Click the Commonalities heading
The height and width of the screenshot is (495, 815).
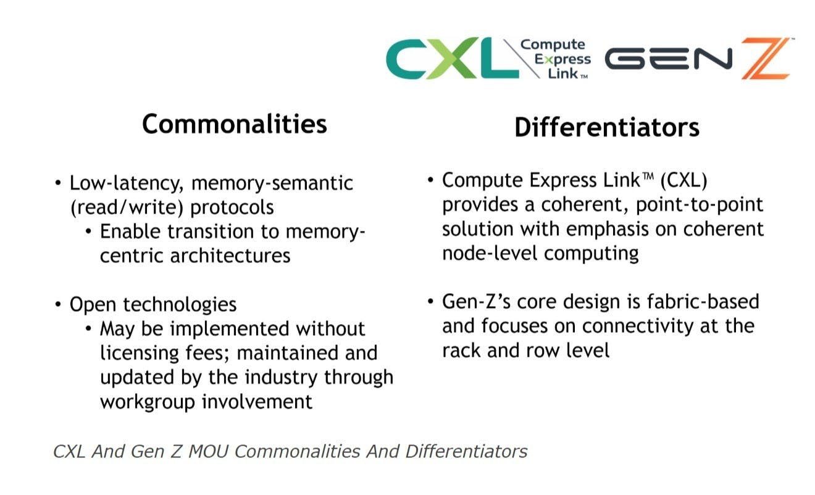pos(235,124)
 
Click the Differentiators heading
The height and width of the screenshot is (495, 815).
pos(607,127)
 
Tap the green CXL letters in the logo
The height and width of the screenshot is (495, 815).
pos(452,58)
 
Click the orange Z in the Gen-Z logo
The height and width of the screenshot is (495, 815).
pos(766,58)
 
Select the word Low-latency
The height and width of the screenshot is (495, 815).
pos(126,183)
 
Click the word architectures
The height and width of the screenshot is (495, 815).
pos(230,256)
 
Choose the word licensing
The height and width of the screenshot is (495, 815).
pos(140,354)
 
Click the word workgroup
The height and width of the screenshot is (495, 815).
pos(148,402)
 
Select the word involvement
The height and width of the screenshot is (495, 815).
pos(257,402)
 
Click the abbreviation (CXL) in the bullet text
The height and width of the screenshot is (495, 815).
pos(683,180)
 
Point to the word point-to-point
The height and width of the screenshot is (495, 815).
pos(700,205)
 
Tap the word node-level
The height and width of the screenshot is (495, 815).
pos(490,253)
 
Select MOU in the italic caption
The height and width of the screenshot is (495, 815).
pos(209,452)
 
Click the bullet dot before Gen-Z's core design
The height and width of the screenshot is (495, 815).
pos(430,301)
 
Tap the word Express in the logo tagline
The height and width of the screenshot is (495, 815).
pos(562,59)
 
